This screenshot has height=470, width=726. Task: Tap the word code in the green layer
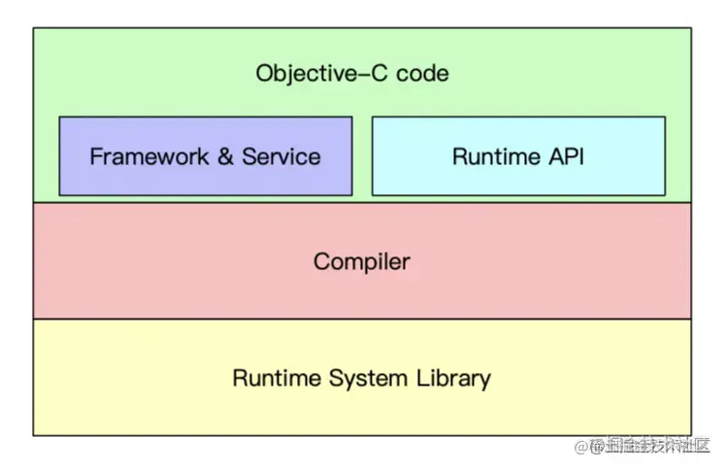coord(422,73)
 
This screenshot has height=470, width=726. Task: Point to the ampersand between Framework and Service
coord(225,156)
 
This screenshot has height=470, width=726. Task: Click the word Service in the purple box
coord(280,156)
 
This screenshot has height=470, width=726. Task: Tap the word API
coord(565,156)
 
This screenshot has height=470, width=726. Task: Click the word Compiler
coord(361,261)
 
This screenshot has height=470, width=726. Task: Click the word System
coord(363,378)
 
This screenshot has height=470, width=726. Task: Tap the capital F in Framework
coord(96,156)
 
